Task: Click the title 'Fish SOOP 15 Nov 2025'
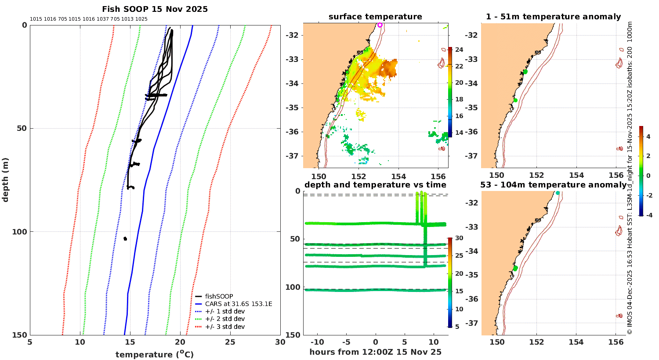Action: pyautogui.click(x=155, y=9)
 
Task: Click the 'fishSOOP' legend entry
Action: pyautogui.click(x=219, y=296)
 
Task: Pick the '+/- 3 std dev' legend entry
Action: pyautogui.click(x=224, y=327)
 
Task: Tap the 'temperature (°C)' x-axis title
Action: pyautogui.click(x=155, y=354)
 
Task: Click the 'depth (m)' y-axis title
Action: pyautogui.click(x=5, y=180)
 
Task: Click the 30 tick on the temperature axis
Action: pyautogui.click(x=280, y=342)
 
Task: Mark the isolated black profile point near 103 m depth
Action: pyautogui.click(x=125, y=238)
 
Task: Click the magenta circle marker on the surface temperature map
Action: pyautogui.click(x=380, y=25)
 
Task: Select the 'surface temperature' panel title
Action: pyautogui.click(x=375, y=17)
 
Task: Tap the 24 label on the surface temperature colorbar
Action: pyautogui.click(x=459, y=50)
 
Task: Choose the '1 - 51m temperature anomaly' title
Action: pyautogui.click(x=553, y=17)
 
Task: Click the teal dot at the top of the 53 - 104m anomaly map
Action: pyautogui.click(x=558, y=193)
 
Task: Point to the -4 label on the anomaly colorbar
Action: pyautogui.click(x=648, y=215)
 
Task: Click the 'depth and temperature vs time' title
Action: pyautogui.click(x=375, y=185)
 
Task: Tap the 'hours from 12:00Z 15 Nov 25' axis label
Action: pyautogui.click(x=375, y=352)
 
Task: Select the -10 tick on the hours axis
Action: pyautogui.click(x=317, y=342)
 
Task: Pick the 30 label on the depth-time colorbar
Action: pyautogui.click(x=459, y=238)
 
